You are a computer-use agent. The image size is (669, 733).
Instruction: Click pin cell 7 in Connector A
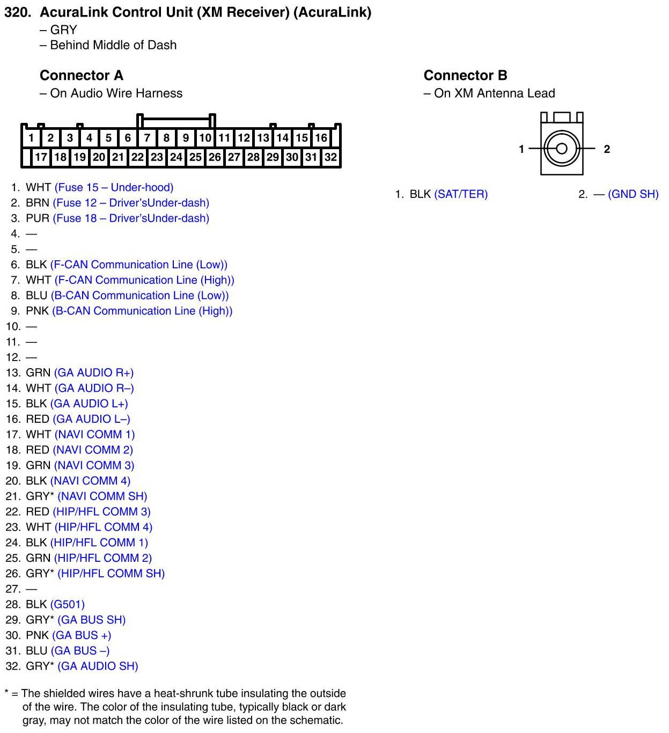147,138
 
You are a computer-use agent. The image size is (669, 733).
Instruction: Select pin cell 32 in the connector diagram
330,157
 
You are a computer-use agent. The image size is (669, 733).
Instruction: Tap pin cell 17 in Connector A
41,157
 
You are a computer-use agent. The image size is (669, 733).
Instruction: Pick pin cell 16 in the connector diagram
321,138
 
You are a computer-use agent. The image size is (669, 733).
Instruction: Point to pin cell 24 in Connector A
176,157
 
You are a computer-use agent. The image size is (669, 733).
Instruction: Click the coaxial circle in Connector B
561,149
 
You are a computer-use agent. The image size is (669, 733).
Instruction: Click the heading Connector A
81,75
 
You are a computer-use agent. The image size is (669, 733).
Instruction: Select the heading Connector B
465,75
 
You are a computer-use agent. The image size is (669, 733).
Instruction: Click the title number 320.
17,12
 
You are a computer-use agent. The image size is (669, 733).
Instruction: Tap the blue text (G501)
68,605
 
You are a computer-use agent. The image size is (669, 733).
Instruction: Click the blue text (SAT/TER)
461,194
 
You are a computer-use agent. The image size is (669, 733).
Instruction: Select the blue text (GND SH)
633,194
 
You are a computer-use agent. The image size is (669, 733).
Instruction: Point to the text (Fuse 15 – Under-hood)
114,188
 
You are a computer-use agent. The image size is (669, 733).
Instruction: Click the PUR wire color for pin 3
38,218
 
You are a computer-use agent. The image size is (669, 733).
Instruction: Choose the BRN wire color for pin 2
38,203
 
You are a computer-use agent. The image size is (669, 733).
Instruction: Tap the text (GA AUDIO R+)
94,373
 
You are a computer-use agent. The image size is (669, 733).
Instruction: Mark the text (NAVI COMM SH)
102,496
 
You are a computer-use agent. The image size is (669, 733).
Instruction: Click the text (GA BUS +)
82,635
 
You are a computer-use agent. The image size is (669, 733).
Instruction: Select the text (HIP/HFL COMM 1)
99,543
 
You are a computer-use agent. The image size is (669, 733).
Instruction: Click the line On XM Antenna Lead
494,93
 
